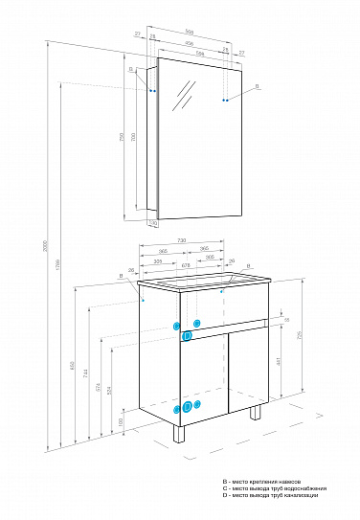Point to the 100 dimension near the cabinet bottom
point(122,420)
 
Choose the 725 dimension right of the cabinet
point(299,335)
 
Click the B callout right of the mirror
point(256,86)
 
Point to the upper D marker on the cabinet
point(187,336)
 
